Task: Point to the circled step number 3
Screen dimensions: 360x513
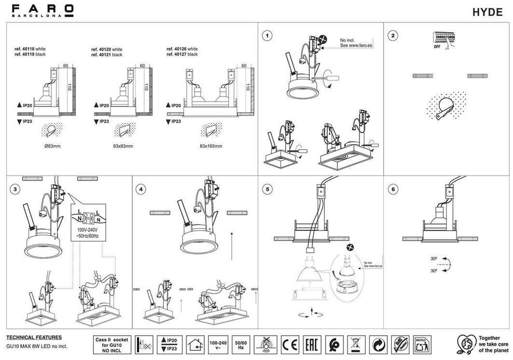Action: click(x=16, y=189)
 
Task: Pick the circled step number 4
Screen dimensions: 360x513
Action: click(x=141, y=189)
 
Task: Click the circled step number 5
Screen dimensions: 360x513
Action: click(x=267, y=189)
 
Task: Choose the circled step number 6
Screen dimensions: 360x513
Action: click(x=394, y=189)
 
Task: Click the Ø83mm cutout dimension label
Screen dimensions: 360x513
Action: click(x=52, y=146)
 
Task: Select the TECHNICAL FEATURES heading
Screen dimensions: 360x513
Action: click(x=34, y=338)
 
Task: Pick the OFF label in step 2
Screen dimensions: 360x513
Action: click(x=437, y=47)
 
